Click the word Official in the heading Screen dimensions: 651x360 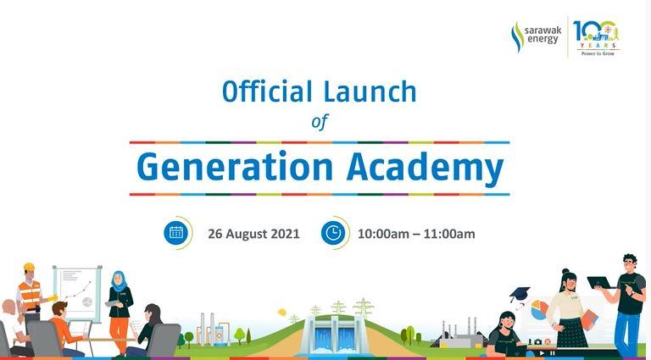coord(267,91)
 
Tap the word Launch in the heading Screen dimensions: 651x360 coord(370,91)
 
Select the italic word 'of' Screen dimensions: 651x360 coord(320,121)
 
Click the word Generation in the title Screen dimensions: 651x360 coord(235,168)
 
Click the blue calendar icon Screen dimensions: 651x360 coord(176,232)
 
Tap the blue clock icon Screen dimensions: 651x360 coord(333,233)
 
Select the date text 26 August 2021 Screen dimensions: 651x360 coord(253,234)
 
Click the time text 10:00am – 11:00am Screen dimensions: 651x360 coord(416,234)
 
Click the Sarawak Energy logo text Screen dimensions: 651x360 coord(542,36)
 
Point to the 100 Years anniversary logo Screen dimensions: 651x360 coord(598,37)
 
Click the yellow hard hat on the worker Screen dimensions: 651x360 coord(29,267)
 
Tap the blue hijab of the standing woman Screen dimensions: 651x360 coord(120,281)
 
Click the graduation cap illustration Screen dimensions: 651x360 coord(520,296)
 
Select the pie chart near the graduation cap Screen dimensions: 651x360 coord(539,310)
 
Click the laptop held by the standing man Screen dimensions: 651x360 coord(601,283)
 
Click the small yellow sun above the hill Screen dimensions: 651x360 coord(282,313)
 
